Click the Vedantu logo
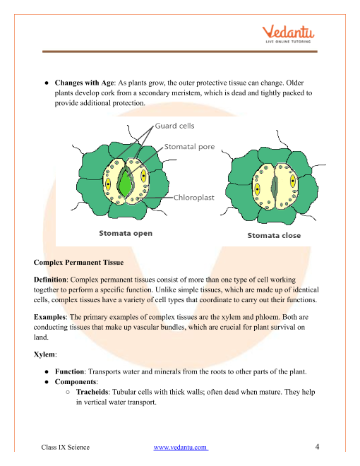[288, 34]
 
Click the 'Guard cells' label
[174, 126]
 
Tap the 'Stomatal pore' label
[189, 147]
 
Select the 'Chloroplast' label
[193, 197]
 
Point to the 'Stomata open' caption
[126, 233]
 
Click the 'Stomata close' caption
[274, 235]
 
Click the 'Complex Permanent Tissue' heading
[78, 263]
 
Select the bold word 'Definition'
[50, 280]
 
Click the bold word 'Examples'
[49, 317]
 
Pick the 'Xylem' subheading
[44, 354]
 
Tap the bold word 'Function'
[69, 372]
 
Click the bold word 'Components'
[76, 382]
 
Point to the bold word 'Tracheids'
[92, 392]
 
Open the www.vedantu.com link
[181, 447]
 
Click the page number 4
[317, 447]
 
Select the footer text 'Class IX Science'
[66, 447]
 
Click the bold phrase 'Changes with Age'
[85, 83]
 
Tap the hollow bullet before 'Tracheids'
[68, 392]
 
